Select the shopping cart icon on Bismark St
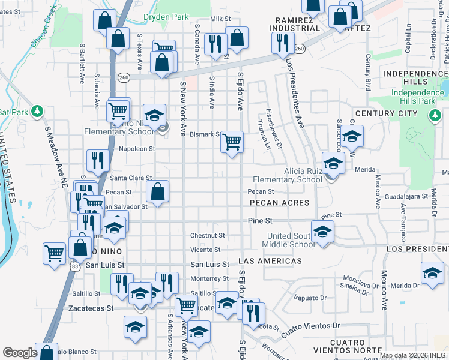232,142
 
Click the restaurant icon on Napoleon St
97,160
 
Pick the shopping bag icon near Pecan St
157,192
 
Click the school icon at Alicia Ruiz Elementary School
333,162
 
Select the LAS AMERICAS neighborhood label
270,262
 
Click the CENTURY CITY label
386,113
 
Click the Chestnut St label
208,236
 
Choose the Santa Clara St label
130,178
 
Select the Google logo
20,353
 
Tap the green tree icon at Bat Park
37,112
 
